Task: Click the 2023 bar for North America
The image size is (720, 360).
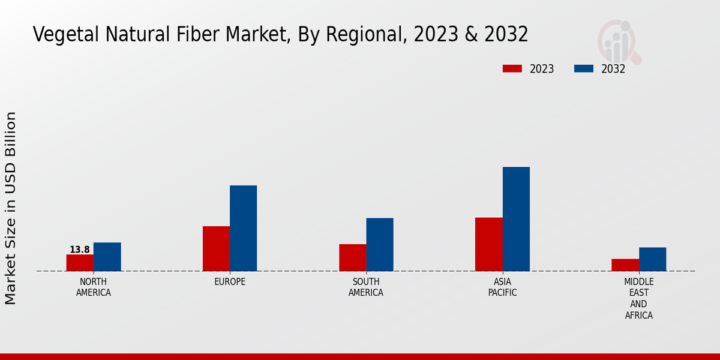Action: (80, 263)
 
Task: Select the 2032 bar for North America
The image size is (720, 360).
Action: (107, 257)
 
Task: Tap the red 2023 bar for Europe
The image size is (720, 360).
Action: (216, 248)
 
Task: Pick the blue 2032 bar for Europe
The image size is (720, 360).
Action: (243, 228)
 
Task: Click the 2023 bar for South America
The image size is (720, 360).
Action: (352, 257)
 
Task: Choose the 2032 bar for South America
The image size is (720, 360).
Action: (380, 244)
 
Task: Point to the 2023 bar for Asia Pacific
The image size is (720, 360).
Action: (488, 244)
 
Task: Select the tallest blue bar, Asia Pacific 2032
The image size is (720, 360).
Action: (516, 219)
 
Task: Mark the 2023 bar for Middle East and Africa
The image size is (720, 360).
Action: (625, 265)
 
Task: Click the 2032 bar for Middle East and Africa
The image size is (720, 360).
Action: (652, 259)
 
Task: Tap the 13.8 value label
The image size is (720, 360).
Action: (80, 250)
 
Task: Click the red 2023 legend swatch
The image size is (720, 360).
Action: (512, 68)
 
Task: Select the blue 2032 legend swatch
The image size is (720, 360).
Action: (583, 68)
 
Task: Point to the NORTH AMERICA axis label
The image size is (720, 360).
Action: (94, 287)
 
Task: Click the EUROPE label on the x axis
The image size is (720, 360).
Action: (230, 282)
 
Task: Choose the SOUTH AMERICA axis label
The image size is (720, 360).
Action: (366, 287)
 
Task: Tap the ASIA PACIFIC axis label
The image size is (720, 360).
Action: (502, 287)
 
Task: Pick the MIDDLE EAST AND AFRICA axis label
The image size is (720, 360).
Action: (638, 299)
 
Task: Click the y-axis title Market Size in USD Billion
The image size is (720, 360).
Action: (11, 208)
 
